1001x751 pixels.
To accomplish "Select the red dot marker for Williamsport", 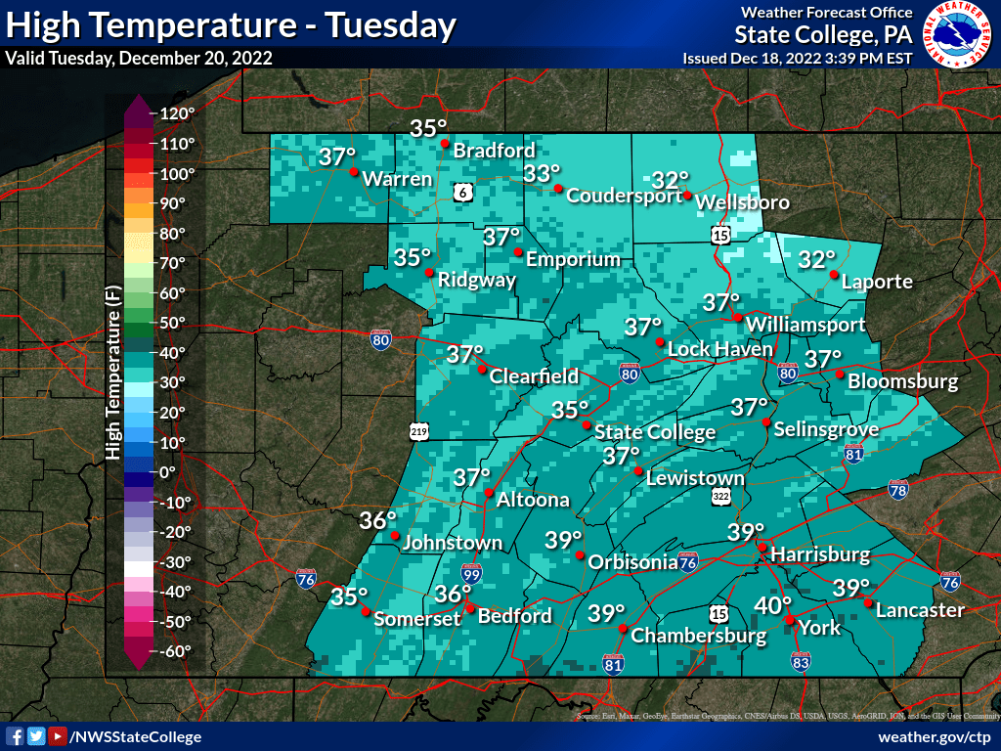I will pos(738,316).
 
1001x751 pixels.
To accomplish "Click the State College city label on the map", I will pos(655,432).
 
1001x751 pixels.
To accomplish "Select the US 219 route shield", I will pos(418,430).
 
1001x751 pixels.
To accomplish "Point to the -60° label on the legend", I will pos(176,650).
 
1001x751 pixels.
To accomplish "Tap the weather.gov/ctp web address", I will pos(935,736).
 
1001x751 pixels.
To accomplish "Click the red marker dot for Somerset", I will pos(365,612).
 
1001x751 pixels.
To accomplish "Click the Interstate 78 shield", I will pos(897,487).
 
